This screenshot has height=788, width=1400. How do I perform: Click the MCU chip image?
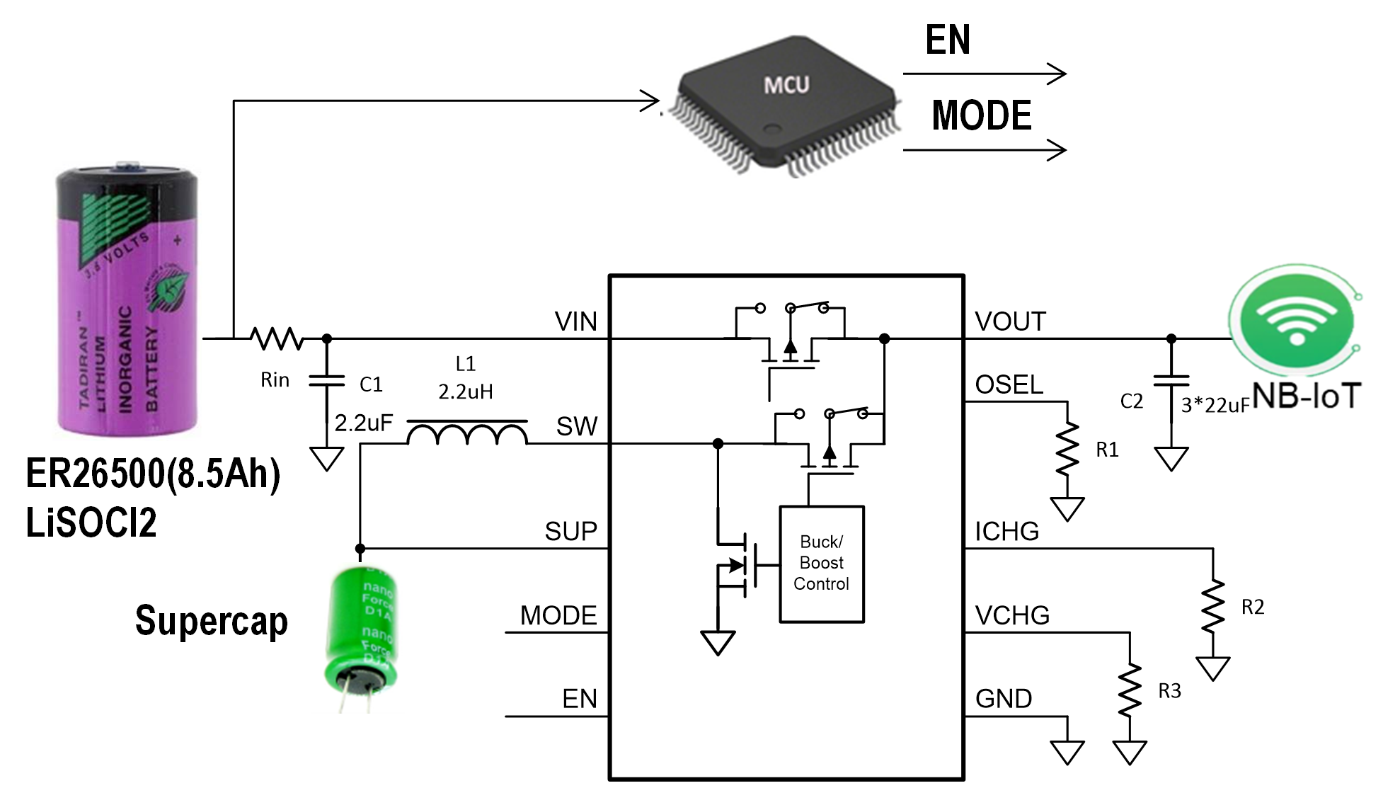(x=786, y=106)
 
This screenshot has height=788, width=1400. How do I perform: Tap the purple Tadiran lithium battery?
(x=127, y=301)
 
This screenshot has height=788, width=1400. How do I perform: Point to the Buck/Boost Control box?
(x=821, y=564)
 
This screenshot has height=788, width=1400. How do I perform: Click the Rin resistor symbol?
(x=277, y=338)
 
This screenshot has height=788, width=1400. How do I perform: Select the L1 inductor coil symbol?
(x=467, y=433)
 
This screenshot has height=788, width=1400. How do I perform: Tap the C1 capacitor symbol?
(x=326, y=382)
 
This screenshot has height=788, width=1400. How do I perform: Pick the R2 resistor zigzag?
(x=1213, y=606)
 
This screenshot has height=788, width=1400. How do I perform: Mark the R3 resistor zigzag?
(x=1130, y=690)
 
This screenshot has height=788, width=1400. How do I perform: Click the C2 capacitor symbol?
(x=1171, y=382)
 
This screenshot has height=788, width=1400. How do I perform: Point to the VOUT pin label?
(x=1010, y=322)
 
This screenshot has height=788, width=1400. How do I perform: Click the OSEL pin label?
(x=1009, y=385)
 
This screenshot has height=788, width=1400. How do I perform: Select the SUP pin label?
(x=570, y=532)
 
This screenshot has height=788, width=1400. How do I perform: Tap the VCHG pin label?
(x=1012, y=615)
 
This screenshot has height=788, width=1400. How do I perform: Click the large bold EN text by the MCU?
(x=948, y=40)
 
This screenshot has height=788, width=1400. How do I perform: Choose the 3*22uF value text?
(x=1215, y=406)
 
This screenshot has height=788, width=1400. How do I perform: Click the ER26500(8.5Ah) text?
(x=153, y=474)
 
